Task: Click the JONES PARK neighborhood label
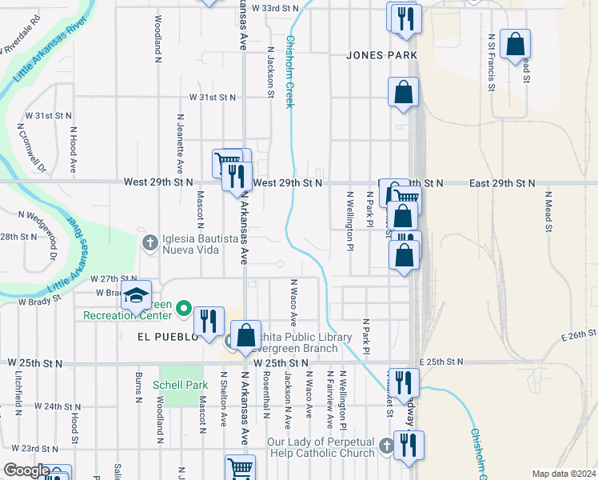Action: (x=382, y=55)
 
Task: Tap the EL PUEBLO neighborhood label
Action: (x=161, y=338)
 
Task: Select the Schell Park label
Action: (x=181, y=385)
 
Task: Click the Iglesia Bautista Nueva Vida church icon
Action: (x=149, y=242)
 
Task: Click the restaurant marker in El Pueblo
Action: (x=208, y=320)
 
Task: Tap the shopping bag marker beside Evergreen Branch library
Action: (x=246, y=334)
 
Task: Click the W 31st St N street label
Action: (x=213, y=97)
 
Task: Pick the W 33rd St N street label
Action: (x=275, y=7)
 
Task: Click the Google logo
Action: (x=26, y=470)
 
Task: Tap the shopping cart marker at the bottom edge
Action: (x=240, y=469)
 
